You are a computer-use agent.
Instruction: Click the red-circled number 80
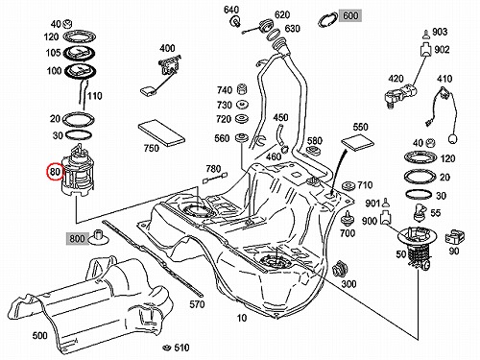click(x=55, y=172)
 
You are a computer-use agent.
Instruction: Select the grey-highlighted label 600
click(x=351, y=15)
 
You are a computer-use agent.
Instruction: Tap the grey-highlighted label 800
click(x=77, y=238)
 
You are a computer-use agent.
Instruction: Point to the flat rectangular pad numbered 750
click(x=161, y=132)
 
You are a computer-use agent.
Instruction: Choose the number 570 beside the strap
click(x=197, y=304)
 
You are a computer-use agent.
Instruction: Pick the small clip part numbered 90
click(x=455, y=237)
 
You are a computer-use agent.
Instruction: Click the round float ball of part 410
click(x=453, y=139)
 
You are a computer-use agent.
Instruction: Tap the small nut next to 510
click(x=166, y=348)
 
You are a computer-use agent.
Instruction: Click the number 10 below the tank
click(x=242, y=318)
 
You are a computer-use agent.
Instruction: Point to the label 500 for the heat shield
click(x=39, y=335)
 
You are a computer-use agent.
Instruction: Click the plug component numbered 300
click(x=339, y=269)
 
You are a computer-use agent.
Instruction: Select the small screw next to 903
click(x=426, y=34)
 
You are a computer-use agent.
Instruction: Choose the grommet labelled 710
click(x=348, y=185)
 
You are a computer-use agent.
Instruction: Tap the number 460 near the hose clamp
click(x=274, y=156)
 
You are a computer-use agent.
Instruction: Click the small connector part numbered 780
click(x=215, y=178)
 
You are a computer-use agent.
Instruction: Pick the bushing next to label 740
click(x=242, y=89)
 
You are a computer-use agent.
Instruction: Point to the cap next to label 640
click(x=236, y=22)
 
